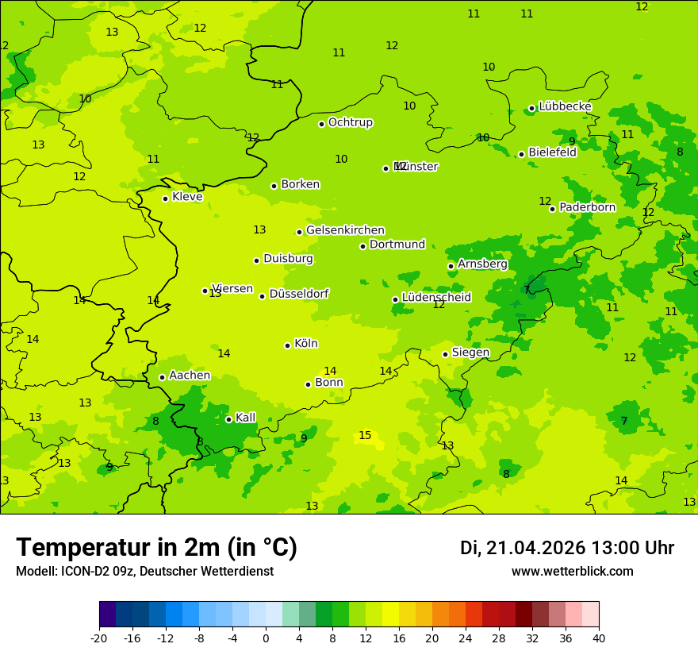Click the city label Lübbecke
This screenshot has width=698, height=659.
pos(565,106)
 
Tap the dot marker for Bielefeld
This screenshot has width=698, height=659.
pos(521,154)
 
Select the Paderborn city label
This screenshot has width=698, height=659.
pos(587,207)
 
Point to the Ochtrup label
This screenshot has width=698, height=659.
pos(350,122)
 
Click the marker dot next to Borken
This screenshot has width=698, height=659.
pos(274,186)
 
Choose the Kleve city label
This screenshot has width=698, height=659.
pos(187,197)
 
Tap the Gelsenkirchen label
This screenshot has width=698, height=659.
pos(345,230)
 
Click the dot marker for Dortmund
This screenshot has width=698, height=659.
pos(363,246)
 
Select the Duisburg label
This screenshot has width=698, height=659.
pos(288,259)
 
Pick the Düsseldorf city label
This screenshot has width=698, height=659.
pos(298,294)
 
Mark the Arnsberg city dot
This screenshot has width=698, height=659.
pos(451,266)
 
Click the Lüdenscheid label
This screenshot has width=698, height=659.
pos(436,298)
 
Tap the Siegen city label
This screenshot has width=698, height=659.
pos(470,353)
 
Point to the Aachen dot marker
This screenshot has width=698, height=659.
pos(162,377)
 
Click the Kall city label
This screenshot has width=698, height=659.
pos(245,418)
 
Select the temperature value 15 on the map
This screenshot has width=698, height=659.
pos(365,435)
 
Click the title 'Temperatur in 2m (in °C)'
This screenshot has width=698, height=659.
pos(156,547)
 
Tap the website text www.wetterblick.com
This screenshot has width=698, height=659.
pos(572,571)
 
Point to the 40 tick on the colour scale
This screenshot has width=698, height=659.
pos(598,638)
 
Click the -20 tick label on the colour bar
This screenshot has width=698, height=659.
pos(99,638)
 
